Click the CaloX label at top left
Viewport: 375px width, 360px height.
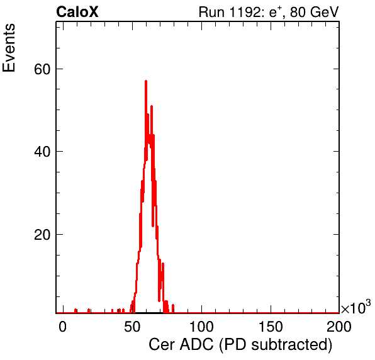[77, 12]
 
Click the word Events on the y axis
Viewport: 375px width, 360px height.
[9, 48]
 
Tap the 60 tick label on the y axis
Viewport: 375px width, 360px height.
[42, 69]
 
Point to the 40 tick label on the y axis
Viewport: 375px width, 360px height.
[42, 152]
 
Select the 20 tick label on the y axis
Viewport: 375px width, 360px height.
[42, 235]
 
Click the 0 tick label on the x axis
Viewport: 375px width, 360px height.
[63, 327]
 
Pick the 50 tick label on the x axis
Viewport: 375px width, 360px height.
[132, 327]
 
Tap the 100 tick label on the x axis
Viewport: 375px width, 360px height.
[201, 327]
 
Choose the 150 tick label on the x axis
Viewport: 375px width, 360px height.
[271, 327]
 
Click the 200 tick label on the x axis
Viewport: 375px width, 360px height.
[339, 327]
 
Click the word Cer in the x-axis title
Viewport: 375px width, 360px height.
[162, 345]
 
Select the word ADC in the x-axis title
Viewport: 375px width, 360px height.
[196, 345]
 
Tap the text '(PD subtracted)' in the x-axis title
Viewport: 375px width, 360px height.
[276, 346]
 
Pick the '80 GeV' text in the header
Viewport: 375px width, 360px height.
[314, 12]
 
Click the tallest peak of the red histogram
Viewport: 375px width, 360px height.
[146, 81]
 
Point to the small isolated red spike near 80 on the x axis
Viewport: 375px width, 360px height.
[173, 308]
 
